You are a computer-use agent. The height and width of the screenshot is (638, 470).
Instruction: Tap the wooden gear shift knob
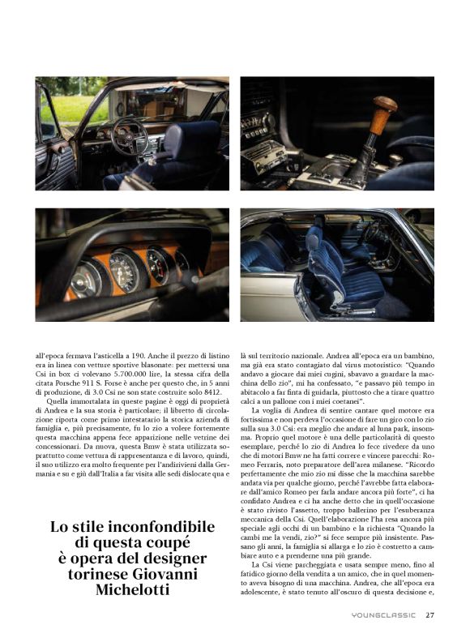(383, 108)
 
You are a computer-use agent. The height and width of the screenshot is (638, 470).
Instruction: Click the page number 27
(430, 614)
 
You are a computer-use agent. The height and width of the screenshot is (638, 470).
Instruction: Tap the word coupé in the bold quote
(176, 542)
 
